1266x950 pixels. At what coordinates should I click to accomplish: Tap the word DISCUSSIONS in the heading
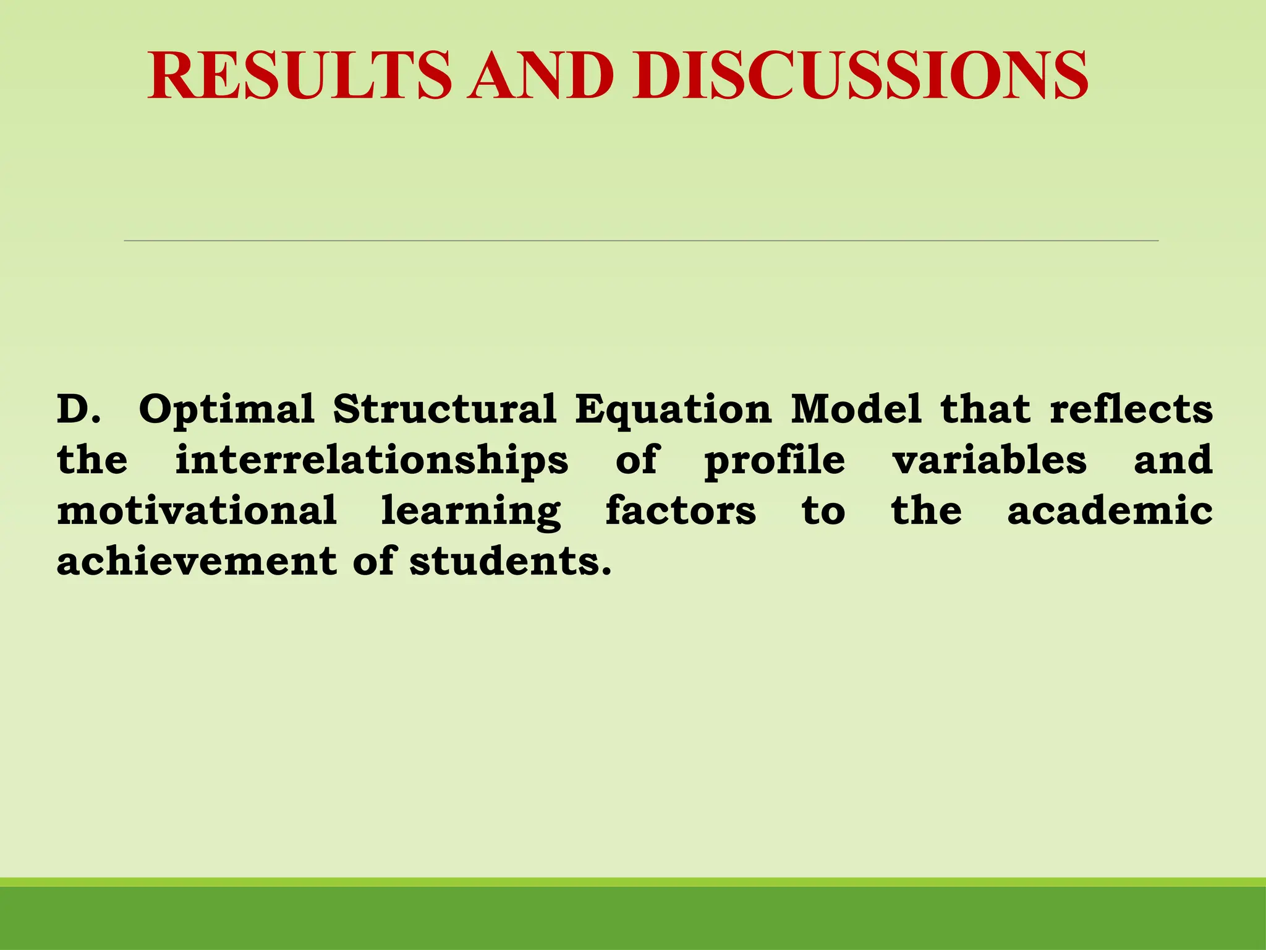click(x=859, y=75)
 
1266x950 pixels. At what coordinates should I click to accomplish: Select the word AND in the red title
click(x=541, y=75)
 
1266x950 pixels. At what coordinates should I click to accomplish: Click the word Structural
click(x=444, y=409)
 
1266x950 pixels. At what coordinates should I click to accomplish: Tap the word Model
click(x=856, y=409)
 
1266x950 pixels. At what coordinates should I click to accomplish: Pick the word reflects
click(x=1131, y=409)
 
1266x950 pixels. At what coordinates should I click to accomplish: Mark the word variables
click(x=989, y=460)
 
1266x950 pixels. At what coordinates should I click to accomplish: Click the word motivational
click(x=197, y=511)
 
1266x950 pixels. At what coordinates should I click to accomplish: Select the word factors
click(x=681, y=511)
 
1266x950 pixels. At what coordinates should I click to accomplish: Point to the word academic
click(x=1110, y=511)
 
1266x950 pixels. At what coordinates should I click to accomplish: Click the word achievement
click(x=197, y=562)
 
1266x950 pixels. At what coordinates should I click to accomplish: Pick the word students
click(x=510, y=562)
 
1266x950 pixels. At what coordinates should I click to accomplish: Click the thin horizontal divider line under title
click(x=641, y=240)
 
